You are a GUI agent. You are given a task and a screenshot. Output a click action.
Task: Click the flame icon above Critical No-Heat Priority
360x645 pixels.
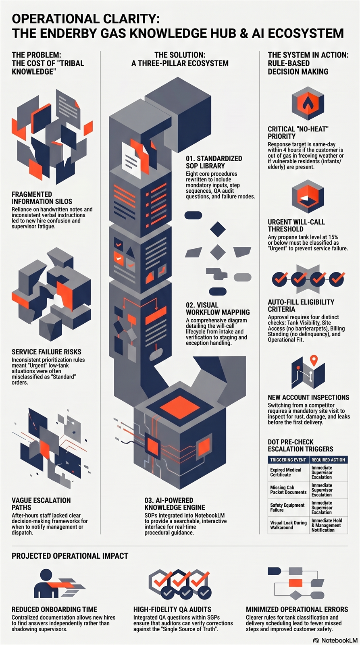(x=308, y=103)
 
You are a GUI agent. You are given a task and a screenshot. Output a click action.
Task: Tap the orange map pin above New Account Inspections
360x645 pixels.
(x=314, y=360)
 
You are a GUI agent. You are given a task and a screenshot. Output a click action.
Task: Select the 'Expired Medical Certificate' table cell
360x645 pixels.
(x=288, y=472)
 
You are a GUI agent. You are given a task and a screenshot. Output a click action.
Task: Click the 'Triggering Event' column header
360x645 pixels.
(x=288, y=460)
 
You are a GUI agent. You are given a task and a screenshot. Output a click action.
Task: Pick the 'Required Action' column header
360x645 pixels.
(x=328, y=460)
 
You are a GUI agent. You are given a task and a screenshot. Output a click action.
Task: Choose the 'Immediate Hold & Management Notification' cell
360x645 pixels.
(x=328, y=525)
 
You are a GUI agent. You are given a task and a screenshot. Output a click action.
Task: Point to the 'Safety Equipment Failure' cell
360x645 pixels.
(x=288, y=508)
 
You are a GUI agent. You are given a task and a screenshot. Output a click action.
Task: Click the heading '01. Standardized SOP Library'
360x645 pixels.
(x=214, y=162)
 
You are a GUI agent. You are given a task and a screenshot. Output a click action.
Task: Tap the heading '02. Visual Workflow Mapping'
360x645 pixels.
(x=218, y=308)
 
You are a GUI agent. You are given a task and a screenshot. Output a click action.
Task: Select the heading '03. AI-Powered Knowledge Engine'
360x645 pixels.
(x=175, y=504)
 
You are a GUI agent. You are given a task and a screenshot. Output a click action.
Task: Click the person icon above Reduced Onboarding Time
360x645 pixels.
(x=46, y=583)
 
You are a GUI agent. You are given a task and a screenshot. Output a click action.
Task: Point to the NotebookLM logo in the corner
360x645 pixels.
(x=335, y=640)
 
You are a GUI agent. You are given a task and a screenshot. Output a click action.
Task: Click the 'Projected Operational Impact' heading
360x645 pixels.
(x=70, y=556)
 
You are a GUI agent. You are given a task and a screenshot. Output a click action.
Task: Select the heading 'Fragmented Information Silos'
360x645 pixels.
(x=42, y=198)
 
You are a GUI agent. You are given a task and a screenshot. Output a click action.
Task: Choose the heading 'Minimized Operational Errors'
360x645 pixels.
(x=297, y=609)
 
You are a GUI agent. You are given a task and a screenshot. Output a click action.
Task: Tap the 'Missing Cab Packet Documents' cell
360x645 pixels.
(x=288, y=490)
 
